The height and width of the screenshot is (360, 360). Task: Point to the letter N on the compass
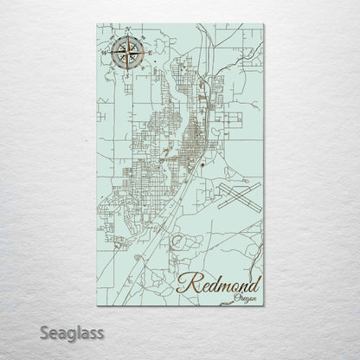(x=128, y=31)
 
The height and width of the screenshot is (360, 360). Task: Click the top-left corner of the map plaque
(x=98, y=24)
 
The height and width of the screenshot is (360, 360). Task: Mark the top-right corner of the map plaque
(x=263, y=24)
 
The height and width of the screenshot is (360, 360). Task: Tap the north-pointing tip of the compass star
(x=127, y=37)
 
